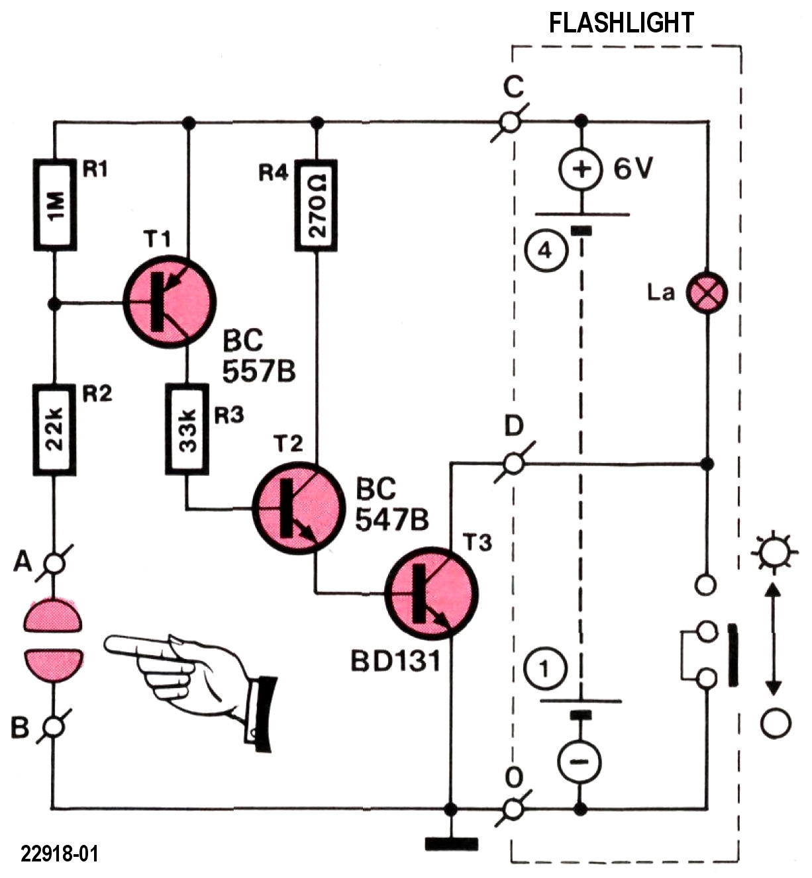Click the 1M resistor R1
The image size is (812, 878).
point(55,205)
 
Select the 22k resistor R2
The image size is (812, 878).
point(55,430)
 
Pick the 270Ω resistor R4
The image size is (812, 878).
point(316,205)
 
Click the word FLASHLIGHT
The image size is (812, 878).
point(621,23)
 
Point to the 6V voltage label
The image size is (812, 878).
point(633,169)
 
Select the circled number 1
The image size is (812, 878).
point(545,670)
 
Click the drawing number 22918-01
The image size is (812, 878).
point(60,854)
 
